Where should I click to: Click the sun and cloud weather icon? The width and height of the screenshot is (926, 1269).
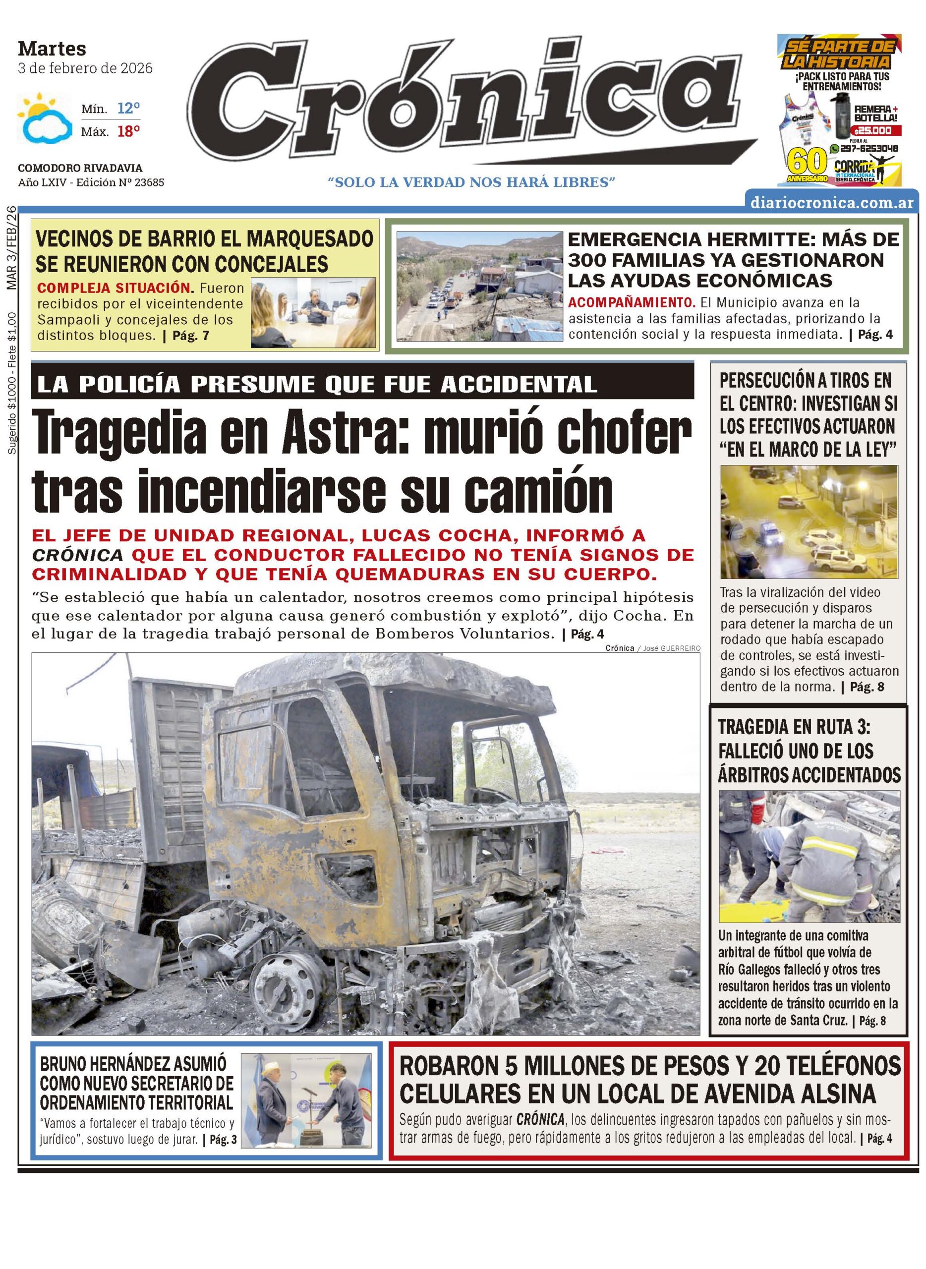click(44, 119)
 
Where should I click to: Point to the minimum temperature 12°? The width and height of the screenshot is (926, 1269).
click(128, 108)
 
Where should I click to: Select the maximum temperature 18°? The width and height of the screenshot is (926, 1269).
click(128, 132)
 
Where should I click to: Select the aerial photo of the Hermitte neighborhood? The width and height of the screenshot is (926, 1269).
click(479, 286)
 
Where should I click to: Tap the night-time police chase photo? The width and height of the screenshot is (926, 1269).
click(809, 521)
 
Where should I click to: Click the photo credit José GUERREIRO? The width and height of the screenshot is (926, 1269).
click(670, 648)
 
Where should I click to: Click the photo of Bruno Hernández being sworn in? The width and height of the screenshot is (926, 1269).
click(306, 1100)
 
